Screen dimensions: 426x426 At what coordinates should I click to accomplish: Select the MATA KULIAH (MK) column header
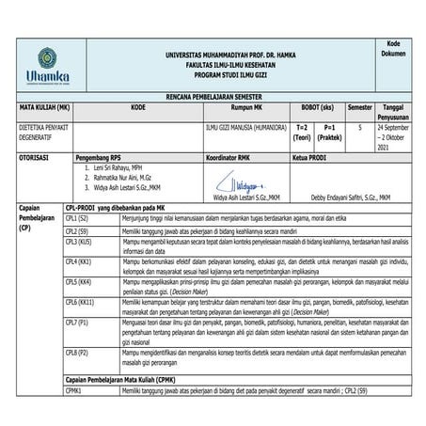(x=45, y=108)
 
